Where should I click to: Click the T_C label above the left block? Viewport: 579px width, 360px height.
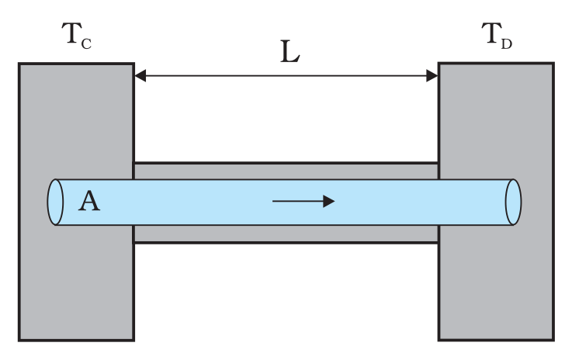[x=76, y=36]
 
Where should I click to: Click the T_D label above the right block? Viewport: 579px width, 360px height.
[x=497, y=36]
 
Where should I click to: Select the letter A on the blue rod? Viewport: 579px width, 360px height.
[x=89, y=202]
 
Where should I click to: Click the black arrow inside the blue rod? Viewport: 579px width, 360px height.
[x=303, y=201]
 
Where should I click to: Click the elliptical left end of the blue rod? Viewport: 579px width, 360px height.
[x=54, y=202]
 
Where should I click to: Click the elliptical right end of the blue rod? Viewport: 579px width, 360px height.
[x=513, y=202]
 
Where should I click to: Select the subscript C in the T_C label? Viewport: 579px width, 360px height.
[x=86, y=43]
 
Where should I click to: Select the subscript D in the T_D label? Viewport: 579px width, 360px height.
[x=507, y=43]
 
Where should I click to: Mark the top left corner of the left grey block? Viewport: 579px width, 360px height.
[x=19, y=64]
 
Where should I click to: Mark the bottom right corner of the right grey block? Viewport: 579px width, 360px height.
[x=553, y=340]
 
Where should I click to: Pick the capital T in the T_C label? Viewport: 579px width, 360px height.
[x=70, y=34]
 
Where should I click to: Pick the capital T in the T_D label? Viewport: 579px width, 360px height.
[x=491, y=34]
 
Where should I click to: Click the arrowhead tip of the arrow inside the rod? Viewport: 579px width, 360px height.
[x=334, y=201]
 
